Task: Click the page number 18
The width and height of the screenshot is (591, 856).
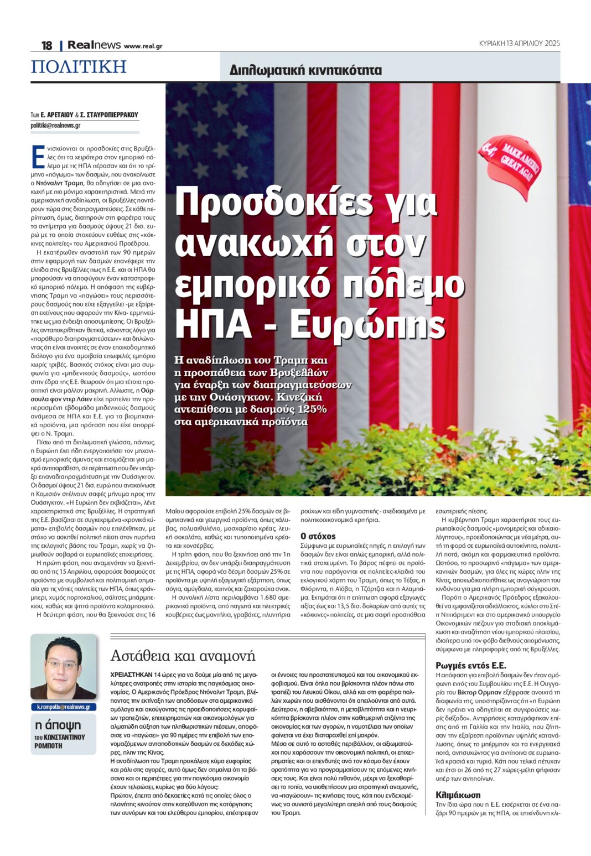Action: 46,45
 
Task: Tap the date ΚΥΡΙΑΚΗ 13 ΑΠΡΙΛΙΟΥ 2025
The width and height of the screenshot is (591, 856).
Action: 519,43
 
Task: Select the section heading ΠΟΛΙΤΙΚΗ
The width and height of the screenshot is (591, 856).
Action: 79,67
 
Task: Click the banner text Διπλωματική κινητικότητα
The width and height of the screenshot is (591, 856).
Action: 305,70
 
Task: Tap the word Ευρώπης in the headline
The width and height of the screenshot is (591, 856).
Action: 367,325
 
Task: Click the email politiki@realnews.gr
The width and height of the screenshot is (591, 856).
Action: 55,126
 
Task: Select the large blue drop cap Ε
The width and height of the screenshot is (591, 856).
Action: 38,156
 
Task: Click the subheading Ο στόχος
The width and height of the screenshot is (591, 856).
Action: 318,536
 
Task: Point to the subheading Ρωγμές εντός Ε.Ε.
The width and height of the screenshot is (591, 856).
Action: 471,666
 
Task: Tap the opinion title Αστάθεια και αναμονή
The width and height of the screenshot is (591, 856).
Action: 183,656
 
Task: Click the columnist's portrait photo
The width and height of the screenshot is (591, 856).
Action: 63,668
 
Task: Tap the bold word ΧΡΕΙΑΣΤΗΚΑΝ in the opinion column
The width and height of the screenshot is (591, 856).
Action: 131,675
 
